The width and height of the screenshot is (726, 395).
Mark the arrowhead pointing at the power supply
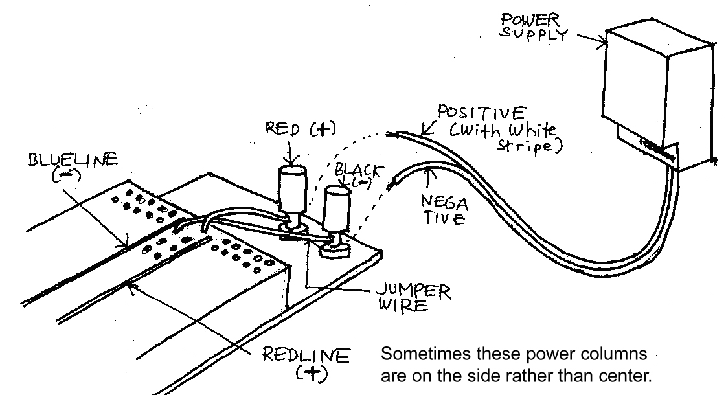coord(602,43)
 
